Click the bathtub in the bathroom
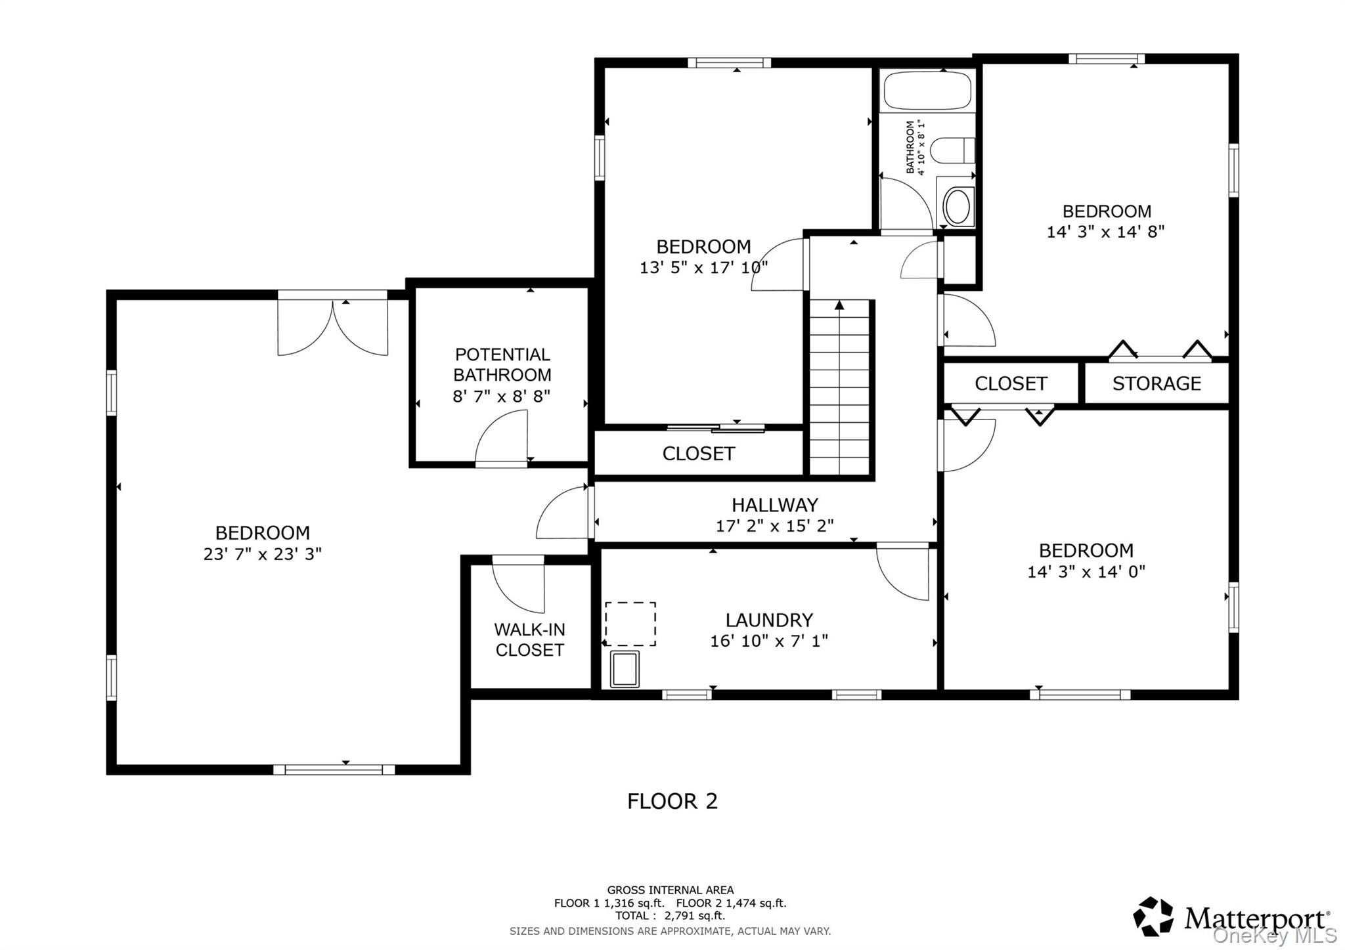(927, 91)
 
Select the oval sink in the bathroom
(959, 206)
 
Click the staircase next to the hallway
(840, 387)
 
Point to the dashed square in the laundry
(630, 624)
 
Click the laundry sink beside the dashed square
(625, 669)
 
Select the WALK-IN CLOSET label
(529, 639)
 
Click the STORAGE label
(1157, 383)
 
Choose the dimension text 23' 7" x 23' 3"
(263, 554)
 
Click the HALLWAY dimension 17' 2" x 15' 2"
(775, 526)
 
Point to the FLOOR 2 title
(672, 801)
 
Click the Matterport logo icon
(1153, 916)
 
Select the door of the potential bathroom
(502, 438)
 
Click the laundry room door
(903, 571)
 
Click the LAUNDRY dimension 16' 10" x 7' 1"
(769, 641)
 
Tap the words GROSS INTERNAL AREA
(671, 890)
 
